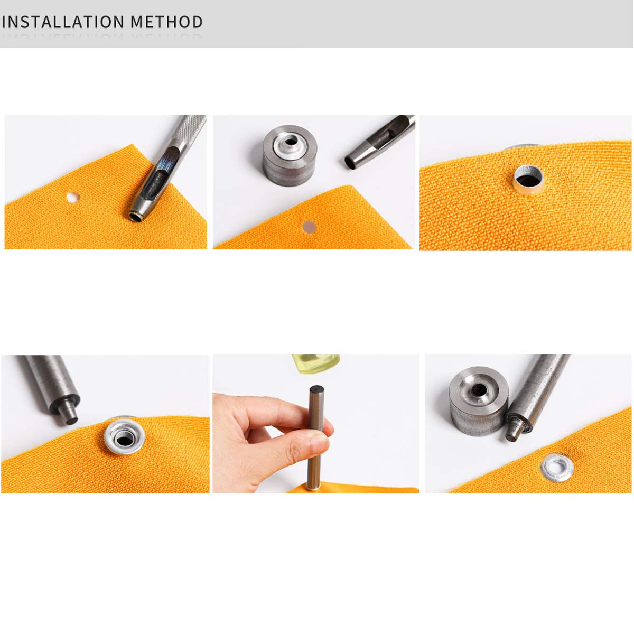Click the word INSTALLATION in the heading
(63, 22)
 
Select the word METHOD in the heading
(167, 22)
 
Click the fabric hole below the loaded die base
(309, 228)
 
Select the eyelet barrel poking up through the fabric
(528, 178)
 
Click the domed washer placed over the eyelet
(125, 436)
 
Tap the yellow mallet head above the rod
(315, 363)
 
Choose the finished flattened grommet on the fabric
(557, 467)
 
